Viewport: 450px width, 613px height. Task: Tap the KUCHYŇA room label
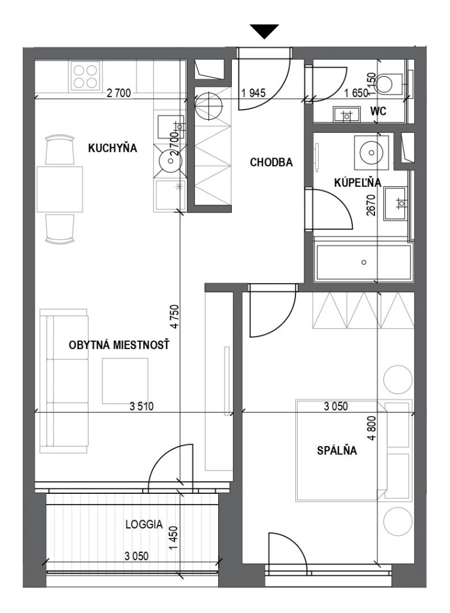click(x=112, y=148)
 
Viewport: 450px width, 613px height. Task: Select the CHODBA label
click(x=271, y=162)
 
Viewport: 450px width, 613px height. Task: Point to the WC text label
click(x=378, y=111)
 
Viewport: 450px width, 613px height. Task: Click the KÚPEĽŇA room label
click(x=358, y=183)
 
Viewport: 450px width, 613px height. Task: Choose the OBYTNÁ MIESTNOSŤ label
click(x=119, y=345)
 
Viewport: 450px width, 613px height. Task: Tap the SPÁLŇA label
click(x=337, y=450)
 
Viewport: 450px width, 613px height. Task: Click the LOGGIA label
click(x=144, y=524)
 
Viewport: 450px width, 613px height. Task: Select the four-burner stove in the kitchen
click(x=85, y=76)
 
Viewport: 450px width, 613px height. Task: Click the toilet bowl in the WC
click(x=386, y=83)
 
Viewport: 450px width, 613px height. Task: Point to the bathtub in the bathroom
click(x=364, y=262)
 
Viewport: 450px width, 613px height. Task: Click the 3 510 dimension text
click(x=141, y=406)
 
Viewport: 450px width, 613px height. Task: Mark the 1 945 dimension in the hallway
click(x=253, y=93)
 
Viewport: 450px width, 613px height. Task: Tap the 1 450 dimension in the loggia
click(x=173, y=538)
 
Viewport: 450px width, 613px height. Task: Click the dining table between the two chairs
click(x=60, y=189)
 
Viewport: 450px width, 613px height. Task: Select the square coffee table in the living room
click(x=125, y=381)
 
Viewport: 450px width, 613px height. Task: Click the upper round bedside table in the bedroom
click(x=397, y=379)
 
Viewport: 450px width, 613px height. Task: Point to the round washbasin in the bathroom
click(x=372, y=152)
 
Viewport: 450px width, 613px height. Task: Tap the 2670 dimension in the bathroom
click(x=371, y=205)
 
